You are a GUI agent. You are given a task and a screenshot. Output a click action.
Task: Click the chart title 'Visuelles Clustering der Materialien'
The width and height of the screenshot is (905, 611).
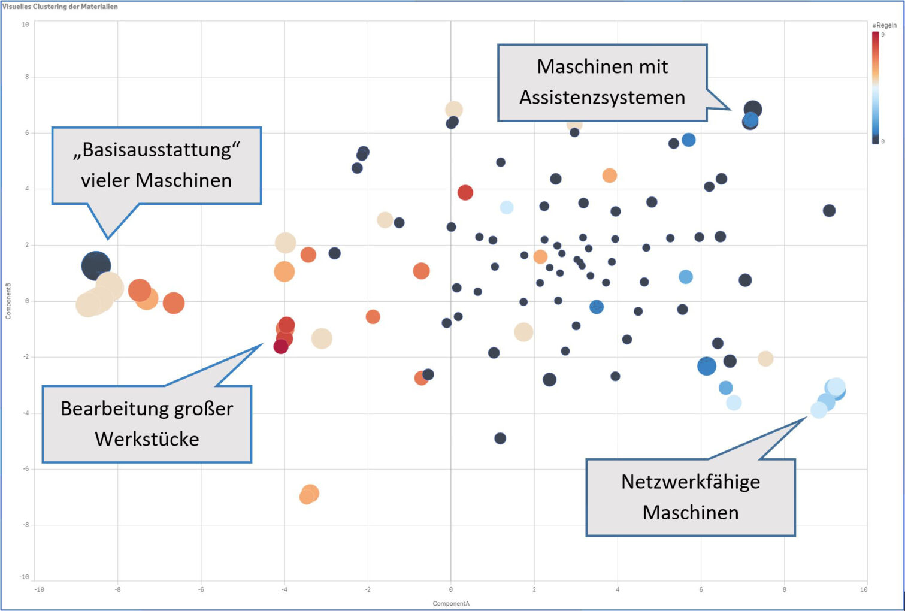(x=60, y=7)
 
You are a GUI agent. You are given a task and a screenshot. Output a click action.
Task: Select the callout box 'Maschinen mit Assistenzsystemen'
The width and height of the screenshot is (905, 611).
(x=602, y=82)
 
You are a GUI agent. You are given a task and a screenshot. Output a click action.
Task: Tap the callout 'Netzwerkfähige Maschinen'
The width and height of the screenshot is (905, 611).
(x=690, y=497)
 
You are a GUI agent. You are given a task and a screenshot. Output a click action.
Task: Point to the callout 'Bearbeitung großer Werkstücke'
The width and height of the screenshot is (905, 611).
(x=147, y=424)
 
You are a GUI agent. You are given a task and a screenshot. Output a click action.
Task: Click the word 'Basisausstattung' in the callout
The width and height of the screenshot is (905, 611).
(x=156, y=150)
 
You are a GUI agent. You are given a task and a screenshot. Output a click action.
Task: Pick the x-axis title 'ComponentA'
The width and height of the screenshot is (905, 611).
(x=451, y=603)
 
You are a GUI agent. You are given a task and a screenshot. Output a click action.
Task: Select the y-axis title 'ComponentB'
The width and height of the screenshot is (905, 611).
(x=8, y=301)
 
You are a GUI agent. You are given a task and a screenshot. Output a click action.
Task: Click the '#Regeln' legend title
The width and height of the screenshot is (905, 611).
(x=884, y=25)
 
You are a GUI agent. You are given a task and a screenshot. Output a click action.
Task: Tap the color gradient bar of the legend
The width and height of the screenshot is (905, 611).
(x=876, y=87)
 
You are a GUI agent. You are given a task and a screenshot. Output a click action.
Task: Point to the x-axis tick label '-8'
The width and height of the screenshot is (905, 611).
(x=117, y=589)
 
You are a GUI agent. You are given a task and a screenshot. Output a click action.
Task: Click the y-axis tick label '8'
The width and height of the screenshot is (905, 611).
(x=26, y=77)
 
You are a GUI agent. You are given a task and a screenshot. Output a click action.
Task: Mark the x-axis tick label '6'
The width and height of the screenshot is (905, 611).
(x=701, y=589)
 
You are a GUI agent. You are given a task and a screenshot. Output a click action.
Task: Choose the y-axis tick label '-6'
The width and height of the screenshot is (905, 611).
(x=25, y=469)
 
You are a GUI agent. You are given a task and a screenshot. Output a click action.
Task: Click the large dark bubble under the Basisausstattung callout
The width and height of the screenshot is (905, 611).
(x=96, y=265)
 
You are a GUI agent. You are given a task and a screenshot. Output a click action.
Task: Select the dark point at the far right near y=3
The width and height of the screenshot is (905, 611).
(x=829, y=211)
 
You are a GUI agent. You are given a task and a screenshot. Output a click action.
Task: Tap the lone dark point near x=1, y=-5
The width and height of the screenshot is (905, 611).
(x=500, y=438)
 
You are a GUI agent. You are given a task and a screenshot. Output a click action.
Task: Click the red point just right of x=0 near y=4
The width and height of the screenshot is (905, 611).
(x=465, y=193)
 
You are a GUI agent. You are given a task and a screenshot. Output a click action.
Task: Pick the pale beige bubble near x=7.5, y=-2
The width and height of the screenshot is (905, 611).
(x=765, y=359)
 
